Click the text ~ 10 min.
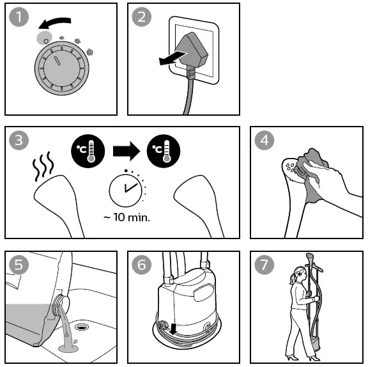tap(126, 217)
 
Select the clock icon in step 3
tap(126, 189)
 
